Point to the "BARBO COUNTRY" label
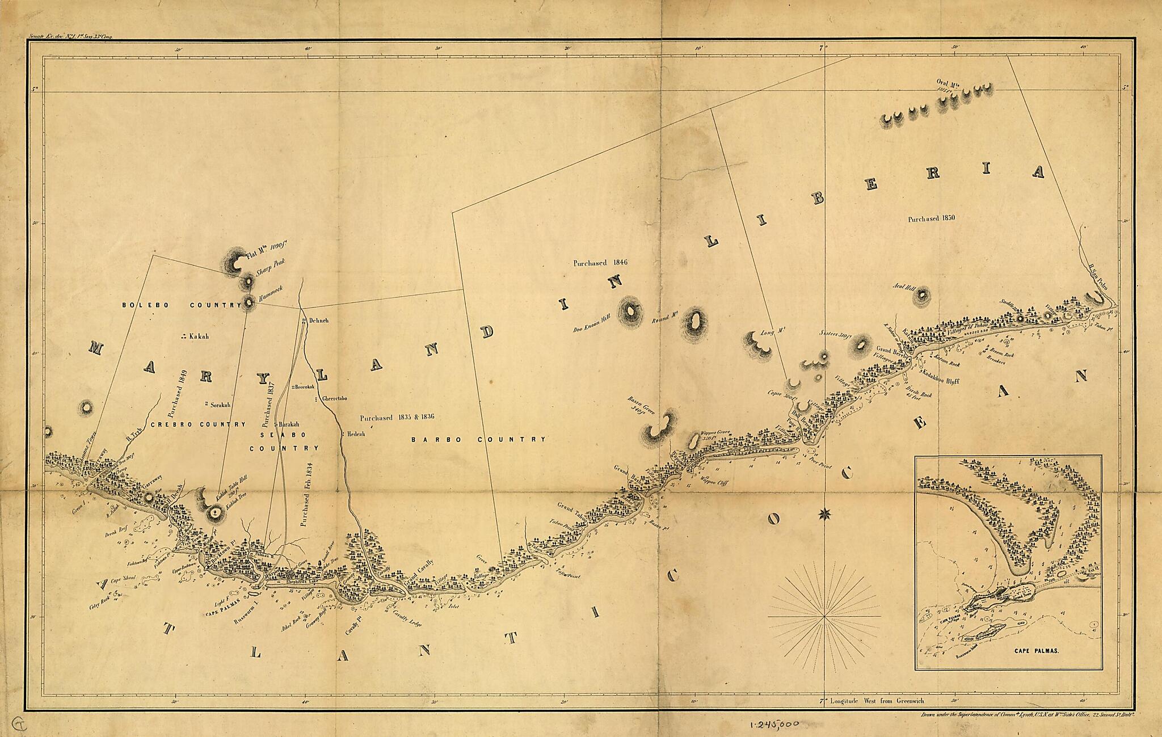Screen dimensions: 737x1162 pos(478,439)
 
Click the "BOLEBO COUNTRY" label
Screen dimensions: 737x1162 pos(182,305)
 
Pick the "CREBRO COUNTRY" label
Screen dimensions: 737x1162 pos(198,424)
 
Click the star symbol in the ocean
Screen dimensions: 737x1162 pos(823,515)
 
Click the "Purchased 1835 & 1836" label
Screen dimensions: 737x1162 pos(397,418)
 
